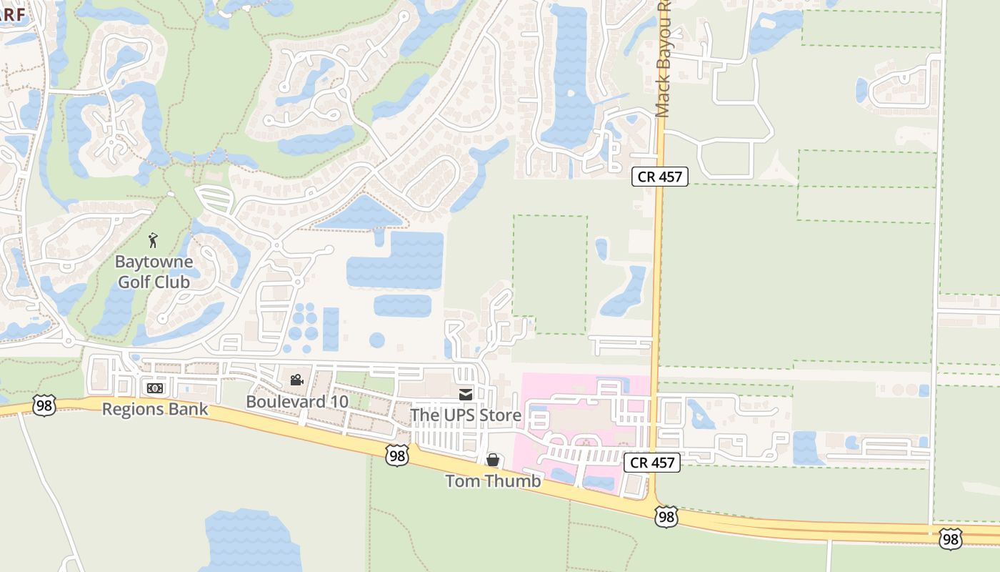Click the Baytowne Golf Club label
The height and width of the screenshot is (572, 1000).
(154, 272)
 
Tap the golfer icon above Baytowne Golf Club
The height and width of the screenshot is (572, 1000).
(153, 240)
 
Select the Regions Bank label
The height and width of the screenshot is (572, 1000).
(155, 409)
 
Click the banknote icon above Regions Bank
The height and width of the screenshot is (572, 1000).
(154, 388)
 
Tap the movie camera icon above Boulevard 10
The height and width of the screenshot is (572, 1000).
(296, 380)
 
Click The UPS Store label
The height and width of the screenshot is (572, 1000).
(466, 415)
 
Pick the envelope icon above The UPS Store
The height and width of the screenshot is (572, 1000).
(466, 394)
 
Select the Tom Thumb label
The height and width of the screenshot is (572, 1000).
(493, 480)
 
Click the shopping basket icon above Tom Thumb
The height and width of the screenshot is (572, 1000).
(493, 460)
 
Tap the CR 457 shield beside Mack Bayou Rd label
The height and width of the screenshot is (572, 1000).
(659, 177)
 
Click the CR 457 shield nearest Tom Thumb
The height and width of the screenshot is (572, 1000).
(653, 463)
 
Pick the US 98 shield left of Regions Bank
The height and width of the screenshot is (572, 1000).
(44, 405)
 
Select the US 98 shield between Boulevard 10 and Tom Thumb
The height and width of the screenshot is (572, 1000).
(397, 455)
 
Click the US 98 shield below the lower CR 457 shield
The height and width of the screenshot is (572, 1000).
(666, 516)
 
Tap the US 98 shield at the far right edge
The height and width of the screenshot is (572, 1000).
(950, 538)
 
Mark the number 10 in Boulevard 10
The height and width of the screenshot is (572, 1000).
(339, 401)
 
